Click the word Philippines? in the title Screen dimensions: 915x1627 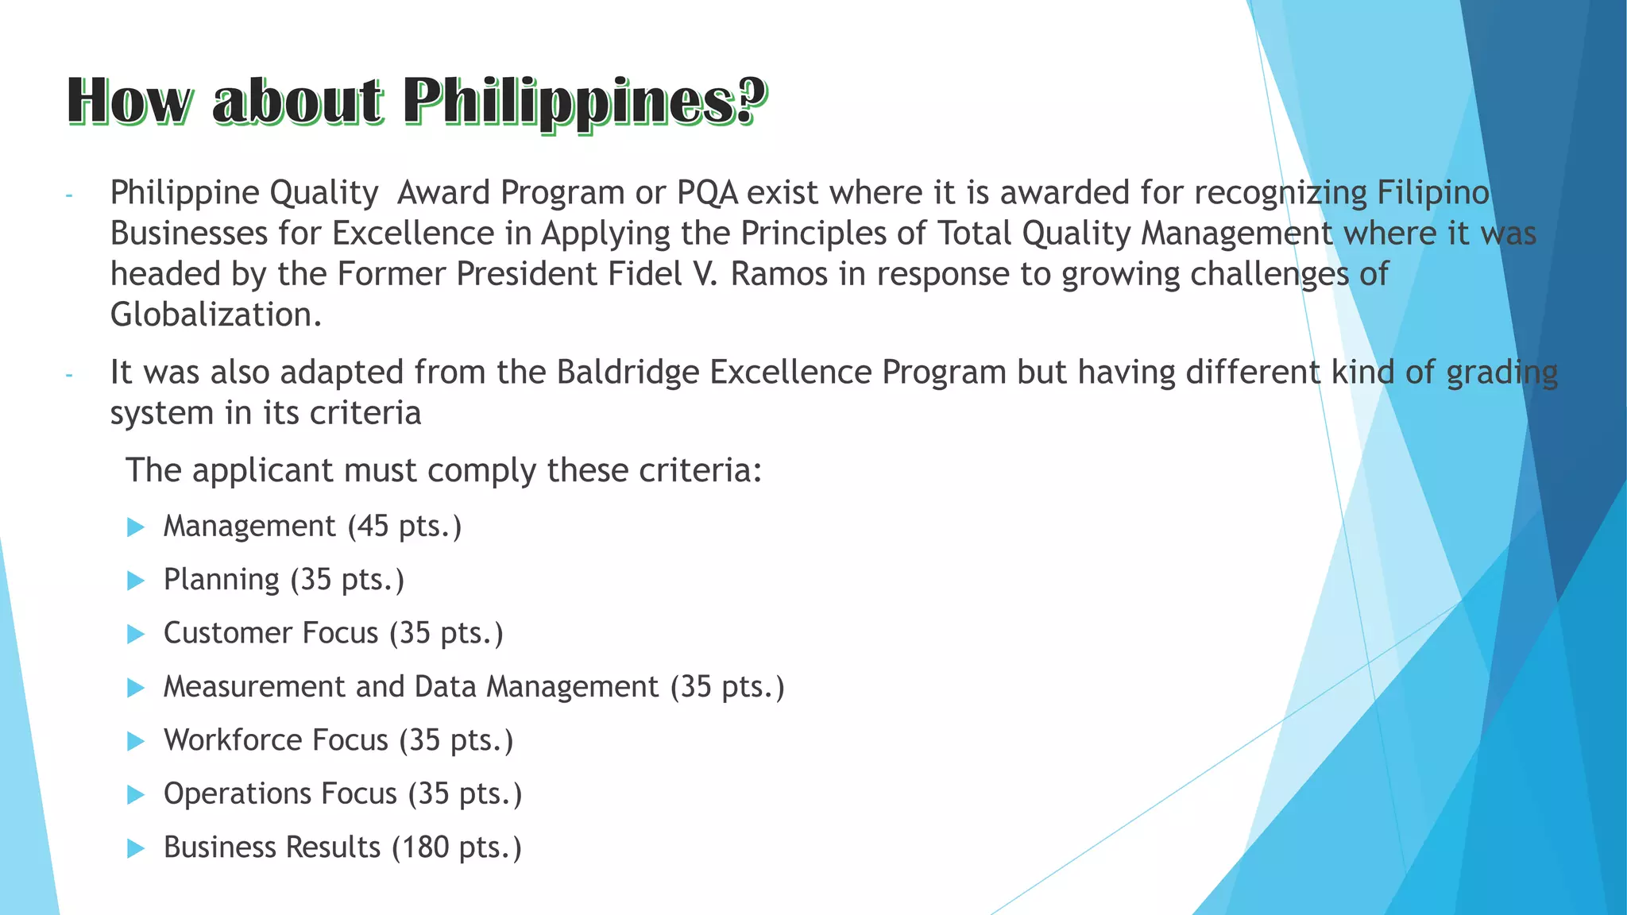[584, 102]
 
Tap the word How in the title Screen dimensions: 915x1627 [129, 102]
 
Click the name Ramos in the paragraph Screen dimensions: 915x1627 [779, 274]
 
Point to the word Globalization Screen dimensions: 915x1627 [215, 315]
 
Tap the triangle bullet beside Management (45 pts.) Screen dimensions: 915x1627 [136, 527]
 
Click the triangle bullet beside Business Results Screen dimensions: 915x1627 [136, 848]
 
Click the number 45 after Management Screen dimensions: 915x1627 [373, 526]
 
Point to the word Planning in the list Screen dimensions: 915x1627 [222, 581]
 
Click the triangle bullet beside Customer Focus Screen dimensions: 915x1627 [136, 634]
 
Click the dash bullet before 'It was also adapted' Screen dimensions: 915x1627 [69, 375]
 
